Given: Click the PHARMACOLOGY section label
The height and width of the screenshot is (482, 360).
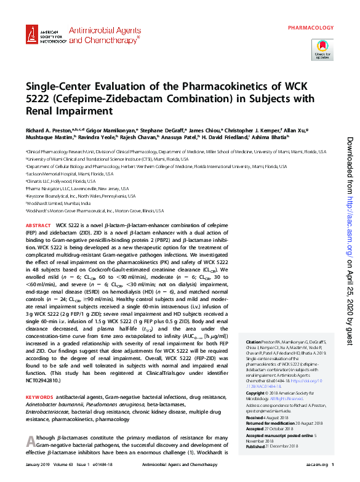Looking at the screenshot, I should (x=311, y=28).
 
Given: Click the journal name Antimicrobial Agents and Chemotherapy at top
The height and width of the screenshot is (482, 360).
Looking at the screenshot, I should (x=104, y=34).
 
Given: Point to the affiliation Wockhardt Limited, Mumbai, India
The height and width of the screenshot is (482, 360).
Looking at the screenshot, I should (x=58, y=203).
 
